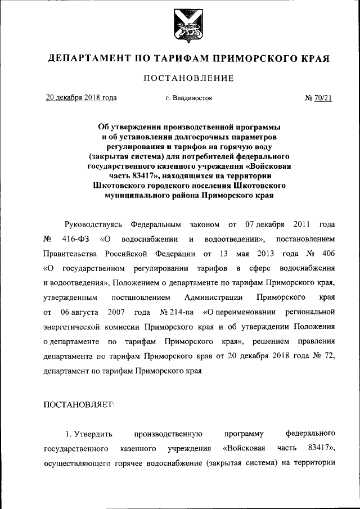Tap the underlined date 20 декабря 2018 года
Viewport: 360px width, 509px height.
81,98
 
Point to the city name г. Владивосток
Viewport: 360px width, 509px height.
189,98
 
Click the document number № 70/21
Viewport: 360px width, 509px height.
318,98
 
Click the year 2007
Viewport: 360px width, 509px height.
114,312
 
